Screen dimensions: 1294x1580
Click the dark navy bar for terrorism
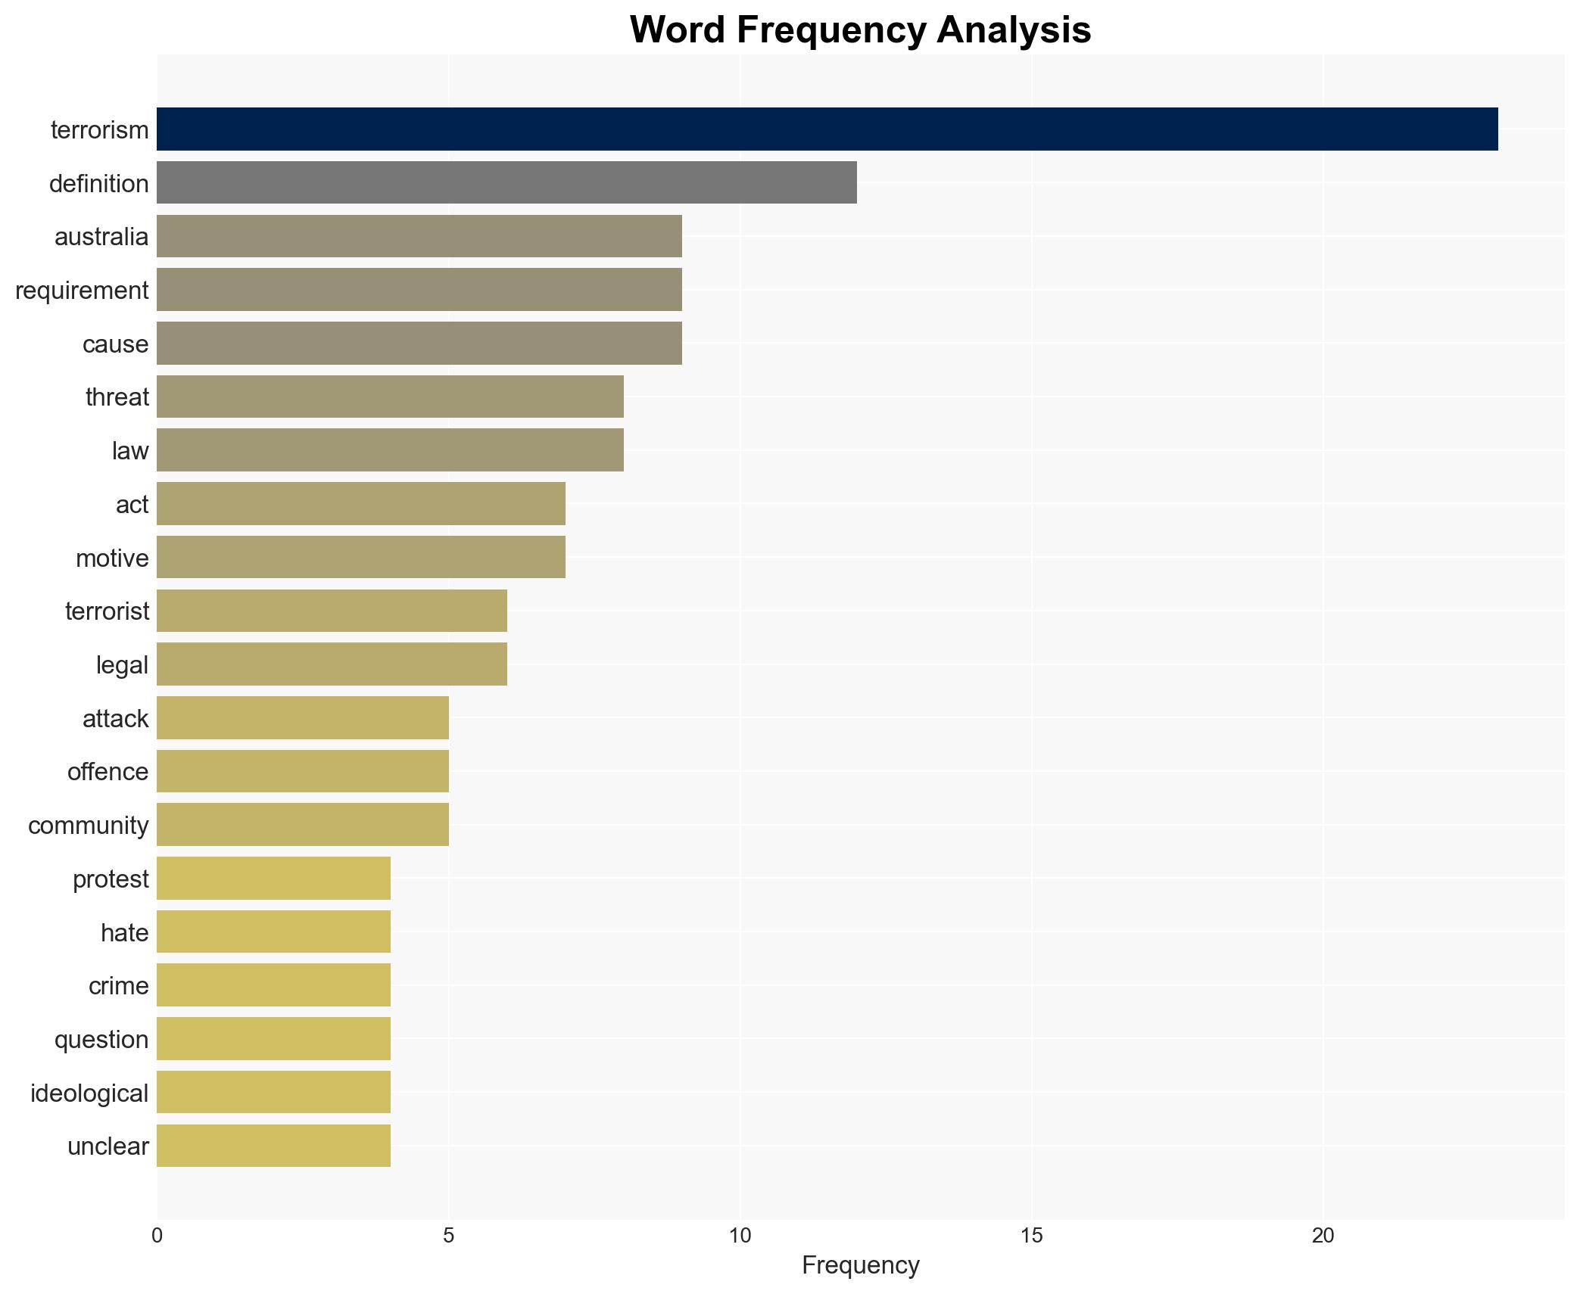(x=827, y=129)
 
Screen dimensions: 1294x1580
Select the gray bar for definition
(x=506, y=183)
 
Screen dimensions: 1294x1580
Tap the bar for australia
(x=419, y=236)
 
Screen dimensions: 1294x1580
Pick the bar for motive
(x=360, y=558)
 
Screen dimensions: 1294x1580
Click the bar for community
(x=302, y=825)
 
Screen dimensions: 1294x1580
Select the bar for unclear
(x=273, y=1146)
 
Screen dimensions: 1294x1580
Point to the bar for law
(x=390, y=450)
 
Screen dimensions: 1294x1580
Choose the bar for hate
(x=273, y=932)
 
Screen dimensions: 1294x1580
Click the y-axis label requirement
(x=82, y=291)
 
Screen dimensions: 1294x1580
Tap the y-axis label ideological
(x=89, y=1093)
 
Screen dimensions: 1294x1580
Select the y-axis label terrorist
(x=107, y=611)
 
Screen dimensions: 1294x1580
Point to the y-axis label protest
(x=111, y=879)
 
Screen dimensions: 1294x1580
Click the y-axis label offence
(x=108, y=772)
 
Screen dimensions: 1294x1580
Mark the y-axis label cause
(x=115, y=344)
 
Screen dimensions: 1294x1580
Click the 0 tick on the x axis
(x=157, y=1236)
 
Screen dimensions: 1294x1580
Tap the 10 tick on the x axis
(x=740, y=1236)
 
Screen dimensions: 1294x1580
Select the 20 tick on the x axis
(x=1323, y=1236)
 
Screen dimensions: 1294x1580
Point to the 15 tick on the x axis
(x=1031, y=1236)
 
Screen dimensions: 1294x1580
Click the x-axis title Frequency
(x=860, y=1265)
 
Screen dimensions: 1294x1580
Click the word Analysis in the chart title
(x=1013, y=30)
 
